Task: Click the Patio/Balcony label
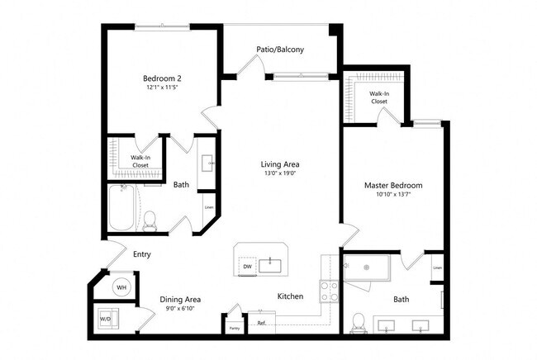click(x=279, y=50)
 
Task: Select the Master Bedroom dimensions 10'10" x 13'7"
click(x=393, y=196)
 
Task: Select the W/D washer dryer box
click(x=107, y=318)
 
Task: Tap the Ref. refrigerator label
click(x=261, y=323)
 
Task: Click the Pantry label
click(x=234, y=328)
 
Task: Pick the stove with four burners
click(x=329, y=291)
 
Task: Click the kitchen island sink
click(x=270, y=265)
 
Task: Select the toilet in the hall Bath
click(x=150, y=220)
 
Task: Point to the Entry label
click(x=142, y=254)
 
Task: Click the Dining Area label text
click(x=181, y=299)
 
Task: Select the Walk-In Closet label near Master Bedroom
click(x=379, y=97)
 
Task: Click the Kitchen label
click(x=289, y=296)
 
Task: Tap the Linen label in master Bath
click(x=437, y=268)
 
